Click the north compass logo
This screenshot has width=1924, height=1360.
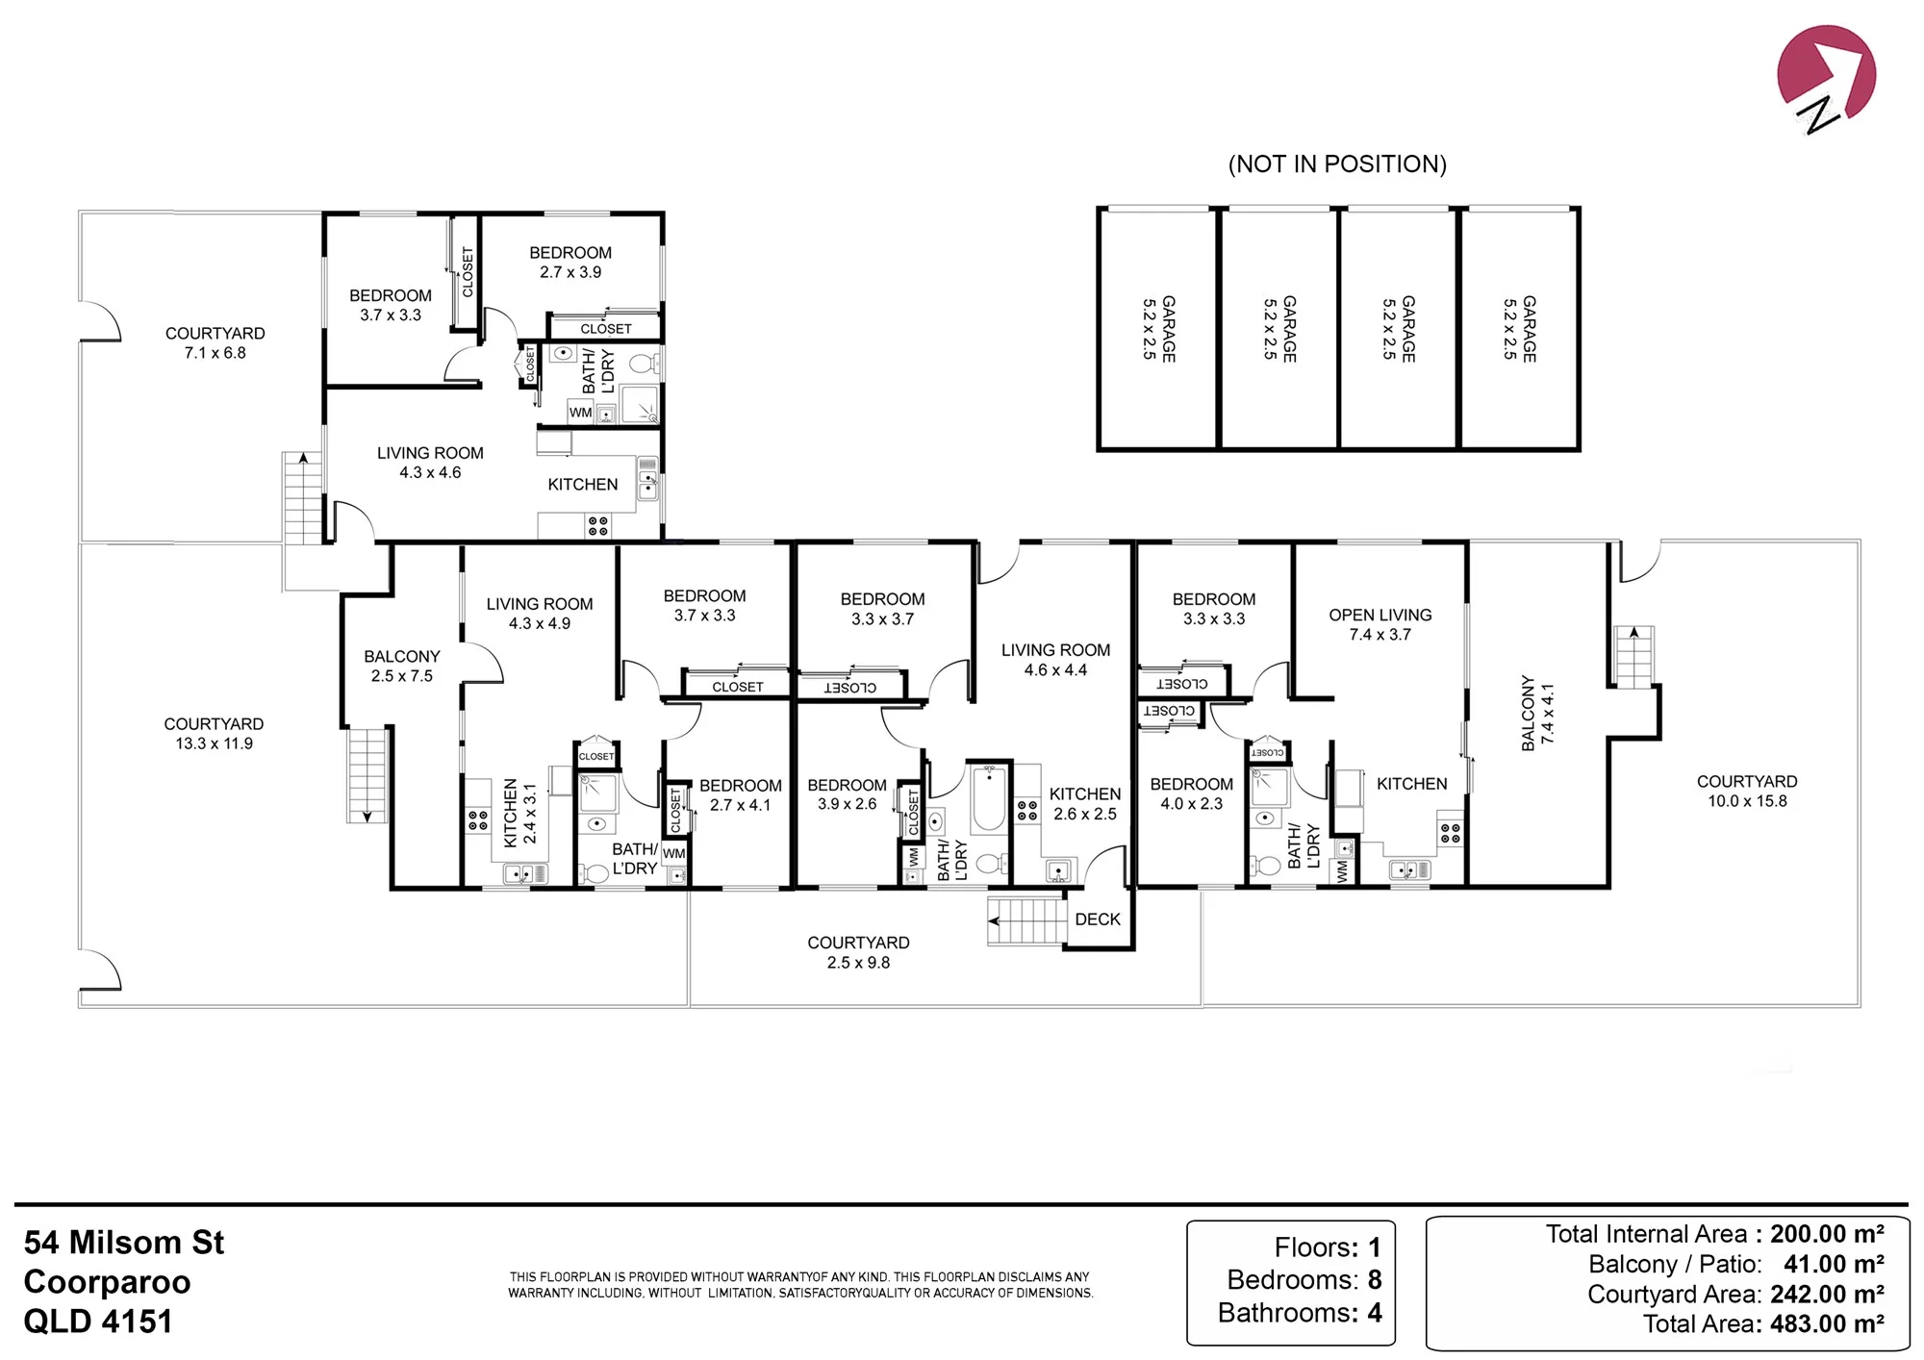pyautogui.click(x=1826, y=79)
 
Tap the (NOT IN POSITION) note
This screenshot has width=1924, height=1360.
pyautogui.click(x=1337, y=164)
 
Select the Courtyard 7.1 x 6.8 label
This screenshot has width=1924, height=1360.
pyautogui.click(x=215, y=343)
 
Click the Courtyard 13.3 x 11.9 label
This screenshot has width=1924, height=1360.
pyautogui.click(x=214, y=734)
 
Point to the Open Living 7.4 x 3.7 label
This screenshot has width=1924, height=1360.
pyautogui.click(x=1380, y=624)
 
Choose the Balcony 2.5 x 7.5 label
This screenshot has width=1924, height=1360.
pyautogui.click(x=402, y=666)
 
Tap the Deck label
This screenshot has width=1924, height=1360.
pyautogui.click(x=1098, y=919)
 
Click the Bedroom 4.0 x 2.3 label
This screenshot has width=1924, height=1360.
pyautogui.click(x=1192, y=793)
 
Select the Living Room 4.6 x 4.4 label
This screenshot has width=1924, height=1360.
pyautogui.click(x=1055, y=660)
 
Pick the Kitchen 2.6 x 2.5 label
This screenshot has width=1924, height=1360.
pyautogui.click(x=1085, y=804)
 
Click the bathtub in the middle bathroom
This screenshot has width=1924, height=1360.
pyautogui.click(x=988, y=798)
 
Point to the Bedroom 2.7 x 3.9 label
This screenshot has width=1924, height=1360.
pyautogui.click(x=570, y=263)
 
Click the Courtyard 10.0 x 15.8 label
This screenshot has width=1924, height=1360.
pyautogui.click(x=1747, y=792)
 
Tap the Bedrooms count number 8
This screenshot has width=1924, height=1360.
pyautogui.click(x=1375, y=1280)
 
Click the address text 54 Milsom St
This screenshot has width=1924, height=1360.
pyautogui.click(x=124, y=1243)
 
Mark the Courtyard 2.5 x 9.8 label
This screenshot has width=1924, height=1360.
pyautogui.click(x=858, y=953)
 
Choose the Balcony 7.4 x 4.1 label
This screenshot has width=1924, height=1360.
pyautogui.click(x=1537, y=713)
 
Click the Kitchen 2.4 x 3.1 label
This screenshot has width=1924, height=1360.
pyautogui.click(x=519, y=813)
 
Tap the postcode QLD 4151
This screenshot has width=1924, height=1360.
pyautogui.click(x=98, y=1322)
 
